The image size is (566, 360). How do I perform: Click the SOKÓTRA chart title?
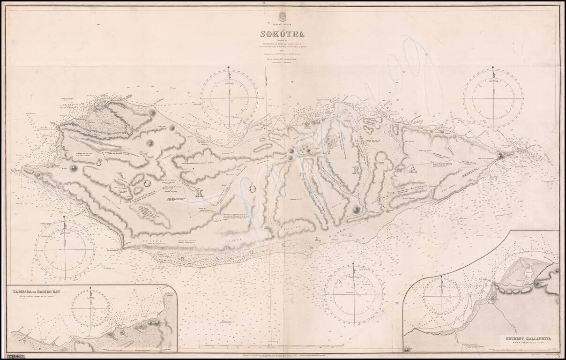click(x=283, y=34)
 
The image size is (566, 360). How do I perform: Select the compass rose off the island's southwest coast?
click(x=65, y=250)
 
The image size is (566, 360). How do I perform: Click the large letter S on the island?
click(x=100, y=162)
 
